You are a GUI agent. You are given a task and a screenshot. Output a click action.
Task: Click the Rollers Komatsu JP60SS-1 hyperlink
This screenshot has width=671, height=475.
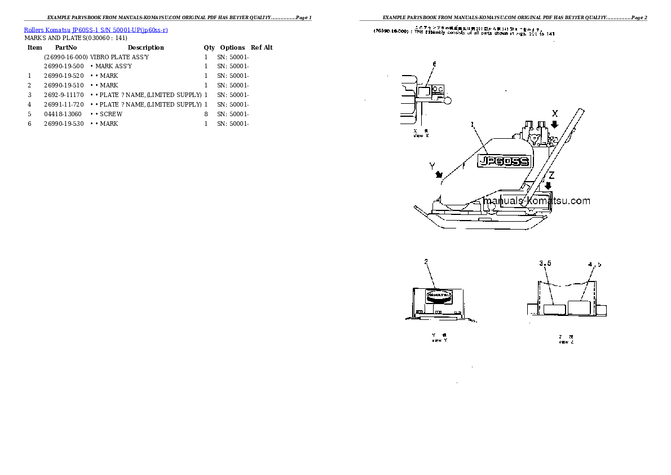coord(96,30)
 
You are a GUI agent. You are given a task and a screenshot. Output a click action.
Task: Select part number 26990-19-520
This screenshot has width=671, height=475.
coord(64,76)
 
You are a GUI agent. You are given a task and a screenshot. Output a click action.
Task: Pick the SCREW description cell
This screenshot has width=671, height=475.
coord(111,114)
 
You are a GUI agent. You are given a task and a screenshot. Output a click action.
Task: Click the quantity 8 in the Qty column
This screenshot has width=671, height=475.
coord(206,114)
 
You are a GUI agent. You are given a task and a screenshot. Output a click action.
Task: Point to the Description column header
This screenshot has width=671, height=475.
coord(145,47)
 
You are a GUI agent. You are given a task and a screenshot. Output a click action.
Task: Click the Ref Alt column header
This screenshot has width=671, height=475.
coord(262,47)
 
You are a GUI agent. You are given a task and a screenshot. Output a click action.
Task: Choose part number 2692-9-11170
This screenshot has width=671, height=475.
coord(64,95)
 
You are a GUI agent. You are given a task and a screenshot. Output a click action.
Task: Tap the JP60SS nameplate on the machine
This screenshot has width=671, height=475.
coord(504,161)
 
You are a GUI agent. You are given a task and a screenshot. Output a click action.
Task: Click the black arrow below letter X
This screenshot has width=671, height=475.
coord(555,124)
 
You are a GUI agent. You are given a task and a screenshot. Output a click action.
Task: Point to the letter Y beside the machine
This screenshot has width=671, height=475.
coord(432,166)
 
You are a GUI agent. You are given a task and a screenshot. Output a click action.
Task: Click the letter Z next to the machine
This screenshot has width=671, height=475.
coord(551,175)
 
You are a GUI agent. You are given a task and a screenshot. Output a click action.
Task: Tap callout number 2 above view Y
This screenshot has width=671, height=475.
coord(426,261)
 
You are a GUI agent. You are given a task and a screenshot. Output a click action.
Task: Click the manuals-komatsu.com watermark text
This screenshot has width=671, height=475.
coord(537,201)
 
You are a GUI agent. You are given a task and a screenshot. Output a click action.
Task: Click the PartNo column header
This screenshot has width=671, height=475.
coord(65,47)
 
